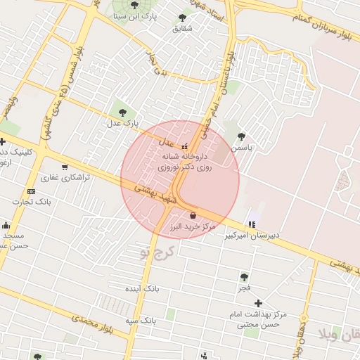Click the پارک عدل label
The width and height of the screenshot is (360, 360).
point(119,124)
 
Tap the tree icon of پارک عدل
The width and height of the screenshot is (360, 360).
point(124,112)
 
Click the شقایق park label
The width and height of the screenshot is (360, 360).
point(182,29)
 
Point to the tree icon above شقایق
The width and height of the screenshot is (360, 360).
point(183,18)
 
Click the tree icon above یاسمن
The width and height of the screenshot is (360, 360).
point(241,136)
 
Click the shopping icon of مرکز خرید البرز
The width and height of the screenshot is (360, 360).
point(193,215)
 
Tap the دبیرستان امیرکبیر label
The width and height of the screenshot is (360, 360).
point(252,236)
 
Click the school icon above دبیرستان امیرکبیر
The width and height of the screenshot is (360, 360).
point(252,224)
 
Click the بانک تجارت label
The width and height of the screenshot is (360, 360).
point(32,202)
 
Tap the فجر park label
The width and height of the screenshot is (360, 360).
point(244,288)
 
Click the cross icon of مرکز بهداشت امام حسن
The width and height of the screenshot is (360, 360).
point(258,302)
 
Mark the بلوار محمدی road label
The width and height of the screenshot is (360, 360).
point(91,324)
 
